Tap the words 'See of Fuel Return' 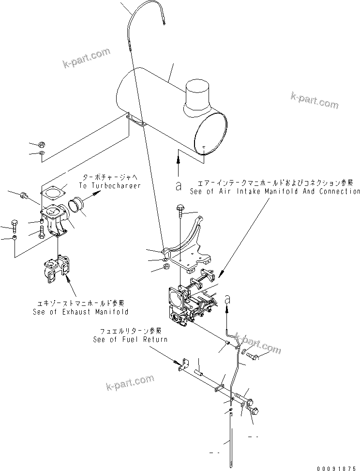click(130, 339)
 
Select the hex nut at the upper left click(42, 144)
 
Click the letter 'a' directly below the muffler click(178, 184)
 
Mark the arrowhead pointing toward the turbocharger click(100, 193)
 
